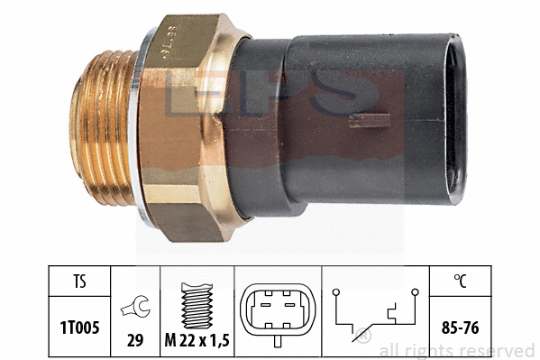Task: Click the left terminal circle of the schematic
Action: [334, 291]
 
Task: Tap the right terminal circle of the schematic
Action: [415, 291]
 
